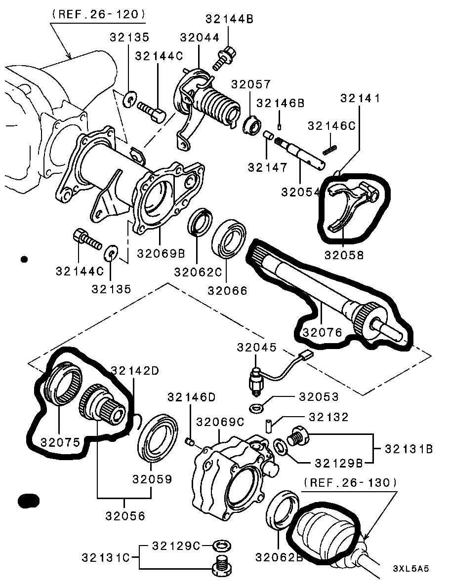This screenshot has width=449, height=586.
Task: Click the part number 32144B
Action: coord(229,19)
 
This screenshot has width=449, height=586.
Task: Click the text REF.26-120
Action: coord(98,15)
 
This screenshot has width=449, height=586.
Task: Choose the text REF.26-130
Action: coord(350,482)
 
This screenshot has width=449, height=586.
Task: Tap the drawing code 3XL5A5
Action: coord(411,568)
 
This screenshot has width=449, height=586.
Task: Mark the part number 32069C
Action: coord(220,422)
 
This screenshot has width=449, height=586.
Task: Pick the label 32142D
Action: coord(134,371)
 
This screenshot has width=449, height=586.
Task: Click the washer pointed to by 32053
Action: coord(256,408)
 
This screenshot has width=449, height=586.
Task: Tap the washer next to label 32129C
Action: coord(221,546)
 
